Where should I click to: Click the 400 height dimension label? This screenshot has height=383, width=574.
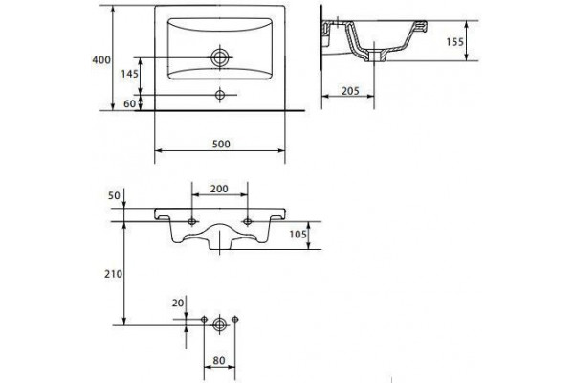pos(101,59)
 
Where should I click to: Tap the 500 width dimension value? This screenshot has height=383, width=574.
pos(221,144)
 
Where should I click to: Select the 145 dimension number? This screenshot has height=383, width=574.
pos(130,74)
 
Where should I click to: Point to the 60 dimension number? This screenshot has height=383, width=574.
pos(129,104)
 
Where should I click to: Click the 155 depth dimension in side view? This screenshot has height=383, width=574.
pos(455,42)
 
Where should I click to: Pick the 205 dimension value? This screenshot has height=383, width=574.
pos(350,91)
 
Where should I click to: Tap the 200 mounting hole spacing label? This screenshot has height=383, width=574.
pos(219,189)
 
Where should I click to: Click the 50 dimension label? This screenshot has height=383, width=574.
pos(114,195)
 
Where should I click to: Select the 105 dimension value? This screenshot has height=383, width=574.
pos(298,234)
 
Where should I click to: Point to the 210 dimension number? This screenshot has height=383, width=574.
pos(113,274)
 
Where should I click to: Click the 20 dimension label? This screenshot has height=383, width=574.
pos(178,304)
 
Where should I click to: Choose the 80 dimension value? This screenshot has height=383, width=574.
pos(219,361)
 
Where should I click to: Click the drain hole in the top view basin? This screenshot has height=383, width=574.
pos(220,57)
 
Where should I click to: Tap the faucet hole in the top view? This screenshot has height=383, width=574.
pos(220,95)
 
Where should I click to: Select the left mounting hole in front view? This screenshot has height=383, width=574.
pos(192,221)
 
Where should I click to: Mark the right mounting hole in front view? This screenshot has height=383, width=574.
pos(248,221)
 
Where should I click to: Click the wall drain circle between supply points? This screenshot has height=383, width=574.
pos(219,325)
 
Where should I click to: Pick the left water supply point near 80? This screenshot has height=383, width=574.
pos(205,319)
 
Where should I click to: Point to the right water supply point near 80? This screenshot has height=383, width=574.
pos(235,319)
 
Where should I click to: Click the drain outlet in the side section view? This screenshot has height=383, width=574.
pos(374,56)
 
